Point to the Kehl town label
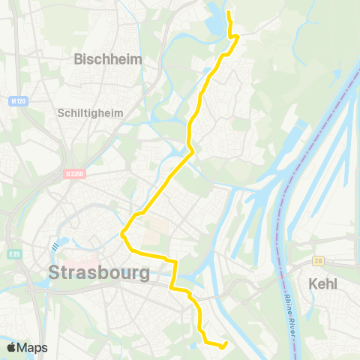[x=323, y=283]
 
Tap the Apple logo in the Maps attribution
[x=11, y=347]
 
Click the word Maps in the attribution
[x=32, y=347]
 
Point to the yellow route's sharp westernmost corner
[x=122, y=234]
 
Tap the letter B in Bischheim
[x=79, y=58]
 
